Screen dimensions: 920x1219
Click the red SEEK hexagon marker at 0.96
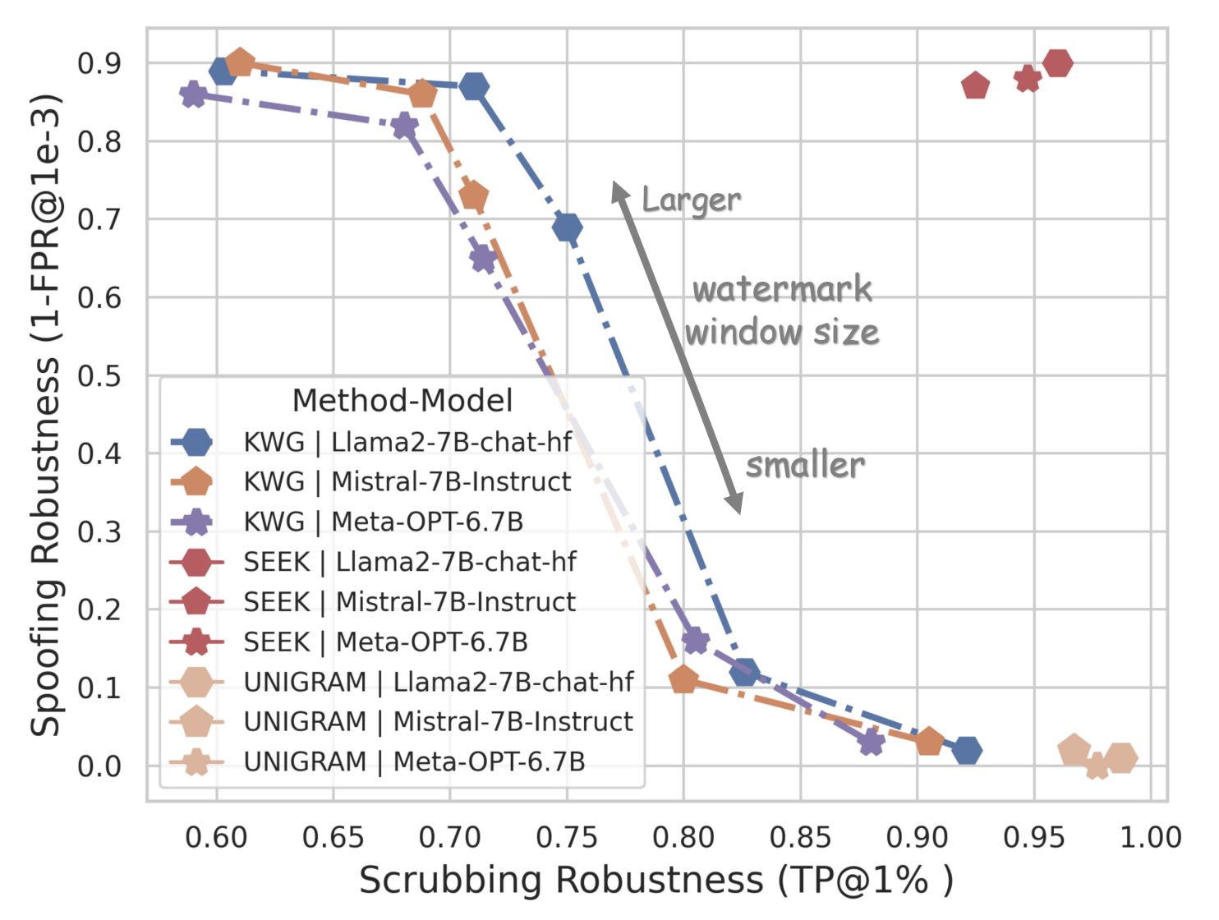1058,62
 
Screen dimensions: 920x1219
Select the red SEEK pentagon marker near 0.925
975,85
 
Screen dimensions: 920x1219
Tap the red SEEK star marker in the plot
1028,79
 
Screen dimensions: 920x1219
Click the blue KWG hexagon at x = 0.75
567,227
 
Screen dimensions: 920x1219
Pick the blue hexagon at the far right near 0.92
968,750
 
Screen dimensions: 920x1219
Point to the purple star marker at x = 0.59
193,94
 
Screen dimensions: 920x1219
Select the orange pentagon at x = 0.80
683,679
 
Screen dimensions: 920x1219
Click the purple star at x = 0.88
872,743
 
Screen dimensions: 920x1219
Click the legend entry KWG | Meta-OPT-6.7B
383,522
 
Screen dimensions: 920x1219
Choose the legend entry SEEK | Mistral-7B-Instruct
409,601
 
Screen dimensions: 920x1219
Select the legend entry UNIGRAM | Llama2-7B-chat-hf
439,682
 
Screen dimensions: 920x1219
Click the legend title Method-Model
402,401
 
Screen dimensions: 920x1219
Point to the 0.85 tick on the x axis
800,837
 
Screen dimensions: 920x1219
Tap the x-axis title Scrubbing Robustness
655,880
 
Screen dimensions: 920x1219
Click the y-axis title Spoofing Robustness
47,415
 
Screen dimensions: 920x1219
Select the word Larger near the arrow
691,200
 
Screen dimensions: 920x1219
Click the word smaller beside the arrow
805,466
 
